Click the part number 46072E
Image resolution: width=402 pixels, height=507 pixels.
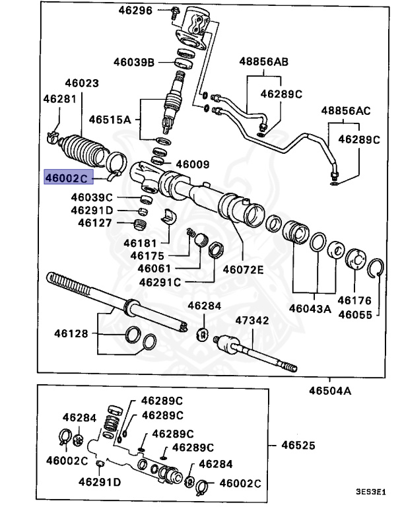243,269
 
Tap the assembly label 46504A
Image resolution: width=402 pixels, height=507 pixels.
329,390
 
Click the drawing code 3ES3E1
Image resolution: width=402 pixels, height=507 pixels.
371,492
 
